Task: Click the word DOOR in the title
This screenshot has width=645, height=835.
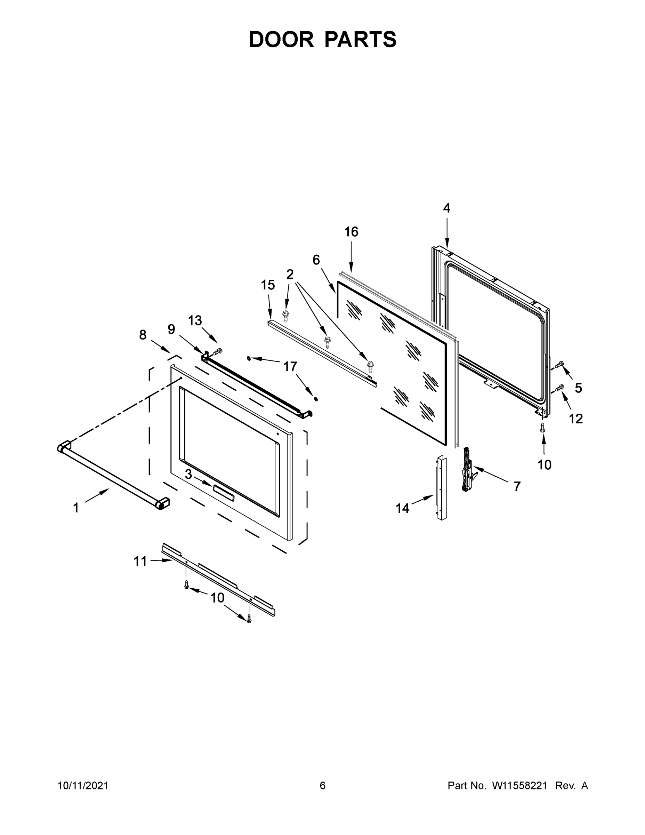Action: (x=281, y=39)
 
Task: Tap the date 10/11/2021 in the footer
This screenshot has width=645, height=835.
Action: (x=83, y=785)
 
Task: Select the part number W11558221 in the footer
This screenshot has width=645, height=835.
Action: (x=520, y=785)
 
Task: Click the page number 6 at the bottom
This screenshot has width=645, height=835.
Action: (x=323, y=785)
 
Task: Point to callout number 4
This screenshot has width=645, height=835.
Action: (x=447, y=208)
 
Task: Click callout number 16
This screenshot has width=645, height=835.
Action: (x=351, y=232)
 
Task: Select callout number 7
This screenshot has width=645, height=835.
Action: (x=517, y=486)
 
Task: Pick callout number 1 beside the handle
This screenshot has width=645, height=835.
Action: (x=76, y=508)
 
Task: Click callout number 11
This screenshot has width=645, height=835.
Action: (x=140, y=561)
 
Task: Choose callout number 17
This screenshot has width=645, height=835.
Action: (x=290, y=367)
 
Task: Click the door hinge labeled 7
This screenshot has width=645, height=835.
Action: (x=468, y=469)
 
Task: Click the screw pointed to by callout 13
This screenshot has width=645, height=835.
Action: (x=218, y=351)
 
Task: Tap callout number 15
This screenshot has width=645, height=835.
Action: (x=268, y=285)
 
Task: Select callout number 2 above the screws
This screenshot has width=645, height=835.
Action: (x=290, y=274)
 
